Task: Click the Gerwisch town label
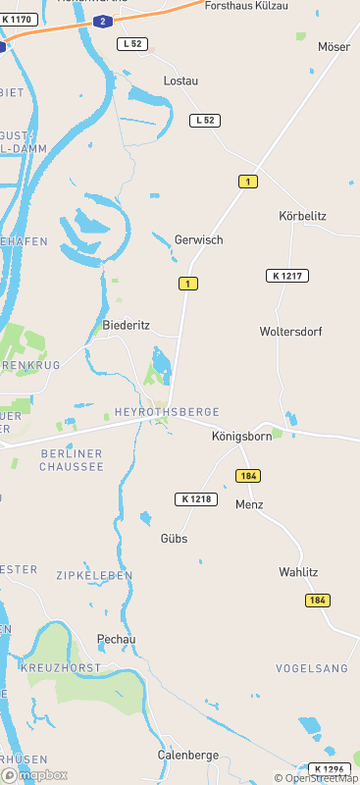[x=198, y=239]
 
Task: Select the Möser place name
[x=334, y=46]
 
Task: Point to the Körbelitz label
[x=302, y=215]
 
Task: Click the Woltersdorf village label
[x=290, y=332]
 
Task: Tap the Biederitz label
[x=126, y=324]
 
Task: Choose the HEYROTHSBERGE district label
[x=167, y=412]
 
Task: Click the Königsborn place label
[x=241, y=437]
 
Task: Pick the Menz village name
[x=249, y=504]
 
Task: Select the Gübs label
[x=174, y=539]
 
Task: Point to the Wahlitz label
[x=298, y=571]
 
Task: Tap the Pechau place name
[x=116, y=639]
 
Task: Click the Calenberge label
[x=188, y=755]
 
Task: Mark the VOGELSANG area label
[x=312, y=668]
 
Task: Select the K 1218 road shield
[x=194, y=499]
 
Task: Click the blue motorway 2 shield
[x=103, y=21]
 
